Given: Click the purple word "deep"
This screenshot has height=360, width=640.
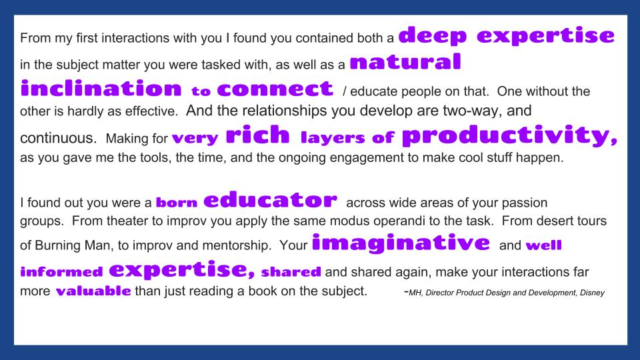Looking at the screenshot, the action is (x=432, y=35).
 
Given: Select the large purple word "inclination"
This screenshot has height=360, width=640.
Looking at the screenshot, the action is (x=101, y=88).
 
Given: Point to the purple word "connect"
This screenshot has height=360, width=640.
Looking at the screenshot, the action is (x=275, y=89).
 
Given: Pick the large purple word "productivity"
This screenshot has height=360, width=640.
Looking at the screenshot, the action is (x=509, y=135).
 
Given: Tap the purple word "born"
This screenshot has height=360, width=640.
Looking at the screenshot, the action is (x=176, y=202).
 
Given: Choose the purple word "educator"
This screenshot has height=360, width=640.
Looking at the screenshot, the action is (x=270, y=199).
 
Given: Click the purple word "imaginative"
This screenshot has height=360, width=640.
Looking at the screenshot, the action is (x=401, y=243).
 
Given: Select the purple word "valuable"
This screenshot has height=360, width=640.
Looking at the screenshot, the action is (x=93, y=291).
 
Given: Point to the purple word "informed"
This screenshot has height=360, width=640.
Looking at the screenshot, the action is (x=61, y=271).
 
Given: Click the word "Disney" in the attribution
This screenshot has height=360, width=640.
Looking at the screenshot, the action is (x=592, y=293).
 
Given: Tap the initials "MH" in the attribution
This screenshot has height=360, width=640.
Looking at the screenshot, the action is (x=415, y=293).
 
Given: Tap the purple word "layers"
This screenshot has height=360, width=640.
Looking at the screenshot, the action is (x=333, y=137).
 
